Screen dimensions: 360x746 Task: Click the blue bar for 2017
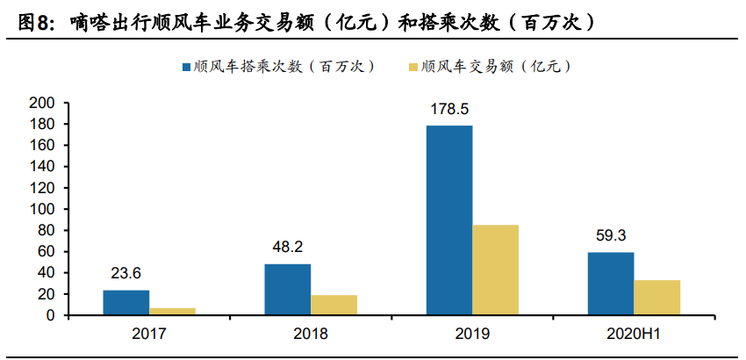tap(126, 302)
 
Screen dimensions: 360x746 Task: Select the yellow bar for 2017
tap(172, 311)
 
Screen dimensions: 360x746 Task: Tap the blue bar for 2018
tap(287, 289)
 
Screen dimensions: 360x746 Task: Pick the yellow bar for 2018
tap(334, 305)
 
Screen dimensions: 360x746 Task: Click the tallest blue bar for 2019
tap(448, 220)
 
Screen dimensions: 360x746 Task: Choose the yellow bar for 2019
tap(495, 270)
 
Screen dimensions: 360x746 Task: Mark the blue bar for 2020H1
tap(610, 283)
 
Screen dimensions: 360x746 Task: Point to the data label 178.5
tap(449, 110)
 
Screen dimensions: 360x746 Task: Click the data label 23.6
tap(126, 273)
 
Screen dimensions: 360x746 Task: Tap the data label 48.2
tap(287, 248)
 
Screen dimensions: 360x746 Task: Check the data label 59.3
tap(610, 235)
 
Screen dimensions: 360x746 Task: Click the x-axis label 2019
tap(472, 335)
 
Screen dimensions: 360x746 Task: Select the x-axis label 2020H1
tap(634, 335)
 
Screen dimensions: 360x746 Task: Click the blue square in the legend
tap(186, 67)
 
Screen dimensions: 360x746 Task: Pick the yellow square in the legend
tap(413, 67)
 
